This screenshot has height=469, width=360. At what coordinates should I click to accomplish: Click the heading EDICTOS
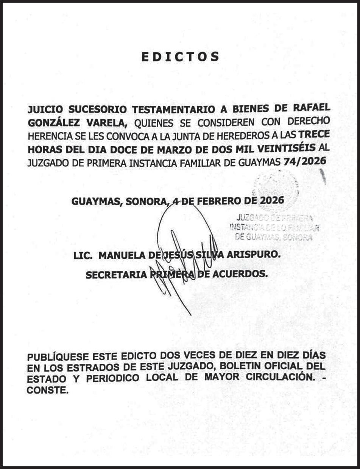[181, 57]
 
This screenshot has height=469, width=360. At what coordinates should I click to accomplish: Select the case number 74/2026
[304, 162]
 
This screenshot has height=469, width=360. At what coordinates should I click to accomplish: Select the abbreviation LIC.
[83, 256]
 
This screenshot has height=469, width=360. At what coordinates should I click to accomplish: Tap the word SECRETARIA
[116, 275]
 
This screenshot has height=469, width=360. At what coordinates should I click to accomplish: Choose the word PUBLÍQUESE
[58, 357]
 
